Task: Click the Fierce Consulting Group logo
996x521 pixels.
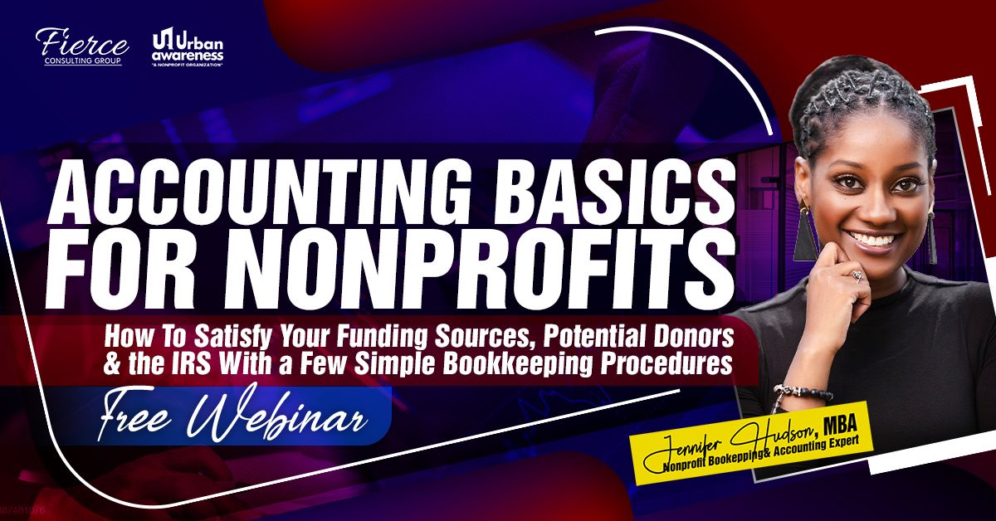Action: pos(82,46)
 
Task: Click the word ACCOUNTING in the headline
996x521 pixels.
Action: pos(258,195)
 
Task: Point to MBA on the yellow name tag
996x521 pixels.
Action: pos(840,424)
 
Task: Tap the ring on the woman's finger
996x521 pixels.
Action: pos(856,276)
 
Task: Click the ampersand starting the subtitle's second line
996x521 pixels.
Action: pos(111,363)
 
